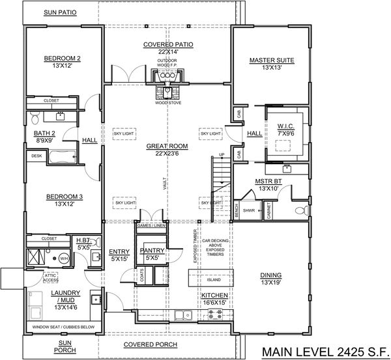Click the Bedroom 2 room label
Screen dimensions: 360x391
point(62,58)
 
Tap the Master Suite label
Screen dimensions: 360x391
point(272,61)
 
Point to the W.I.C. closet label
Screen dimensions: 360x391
point(286,126)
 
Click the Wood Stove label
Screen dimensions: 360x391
point(167,103)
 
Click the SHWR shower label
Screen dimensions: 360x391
point(248,210)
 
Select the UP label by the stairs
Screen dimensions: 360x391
point(221,154)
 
